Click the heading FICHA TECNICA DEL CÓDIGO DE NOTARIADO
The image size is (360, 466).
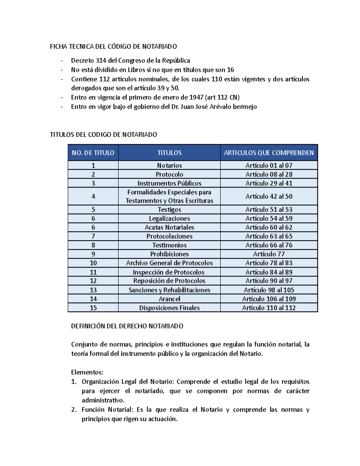(x=113, y=47)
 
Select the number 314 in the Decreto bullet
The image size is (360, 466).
(x=101, y=61)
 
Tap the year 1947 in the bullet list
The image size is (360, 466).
(x=196, y=98)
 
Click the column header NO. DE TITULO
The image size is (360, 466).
(x=93, y=153)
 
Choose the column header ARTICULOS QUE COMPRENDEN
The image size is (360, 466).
(x=269, y=153)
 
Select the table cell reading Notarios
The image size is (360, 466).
(x=169, y=165)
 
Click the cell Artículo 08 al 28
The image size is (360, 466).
(x=269, y=174)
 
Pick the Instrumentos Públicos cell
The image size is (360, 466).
(x=169, y=183)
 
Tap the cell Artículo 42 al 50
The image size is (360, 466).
(x=269, y=197)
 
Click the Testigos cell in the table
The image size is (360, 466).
(x=169, y=210)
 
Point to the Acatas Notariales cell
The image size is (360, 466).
(x=169, y=227)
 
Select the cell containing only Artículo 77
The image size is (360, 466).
(x=269, y=254)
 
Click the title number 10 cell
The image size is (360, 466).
(x=93, y=263)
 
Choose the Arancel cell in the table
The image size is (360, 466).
(x=169, y=299)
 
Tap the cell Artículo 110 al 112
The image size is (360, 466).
(x=269, y=308)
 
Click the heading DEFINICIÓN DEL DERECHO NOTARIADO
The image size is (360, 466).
(x=127, y=326)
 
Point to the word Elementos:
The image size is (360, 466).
(x=87, y=372)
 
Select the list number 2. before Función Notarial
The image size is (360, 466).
(x=74, y=410)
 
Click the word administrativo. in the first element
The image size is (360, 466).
(x=103, y=400)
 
